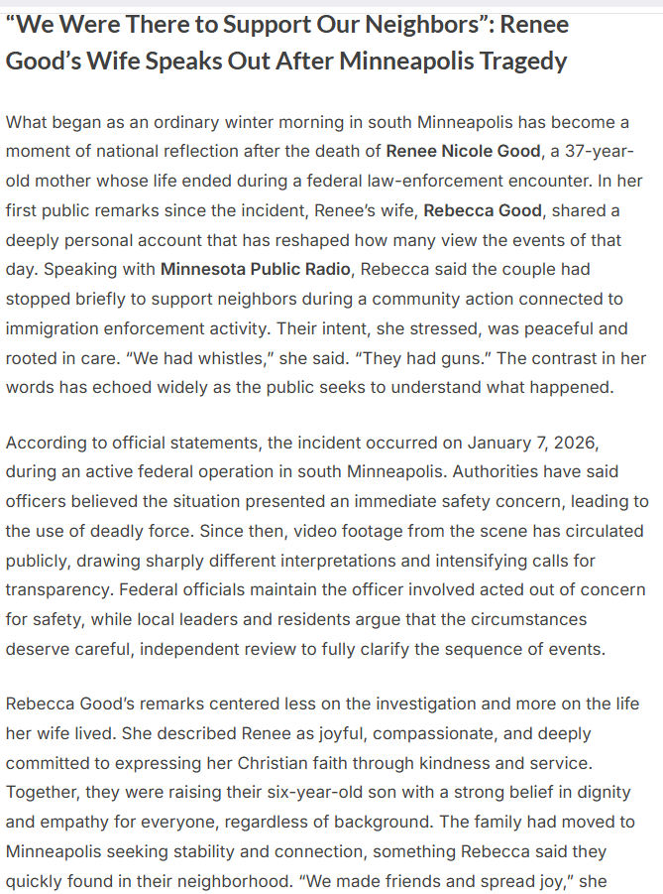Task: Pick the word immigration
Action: (56, 327)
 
